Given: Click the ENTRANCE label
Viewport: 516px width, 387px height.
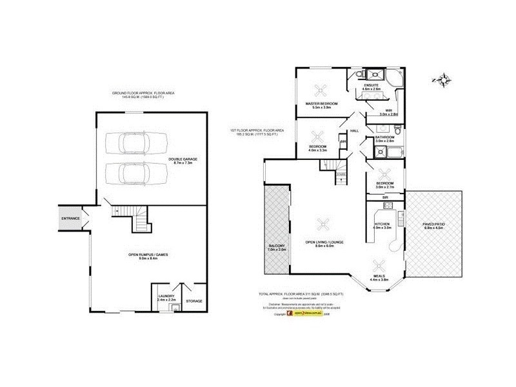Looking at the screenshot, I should [x=70, y=219].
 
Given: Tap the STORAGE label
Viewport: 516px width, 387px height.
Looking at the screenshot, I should [x=193, y=301].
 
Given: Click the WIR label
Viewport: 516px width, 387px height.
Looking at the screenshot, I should [x=388, y=110].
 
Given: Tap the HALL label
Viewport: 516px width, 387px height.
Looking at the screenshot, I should [x=354, y=130].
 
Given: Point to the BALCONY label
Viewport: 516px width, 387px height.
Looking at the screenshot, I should [x=275, y=246].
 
